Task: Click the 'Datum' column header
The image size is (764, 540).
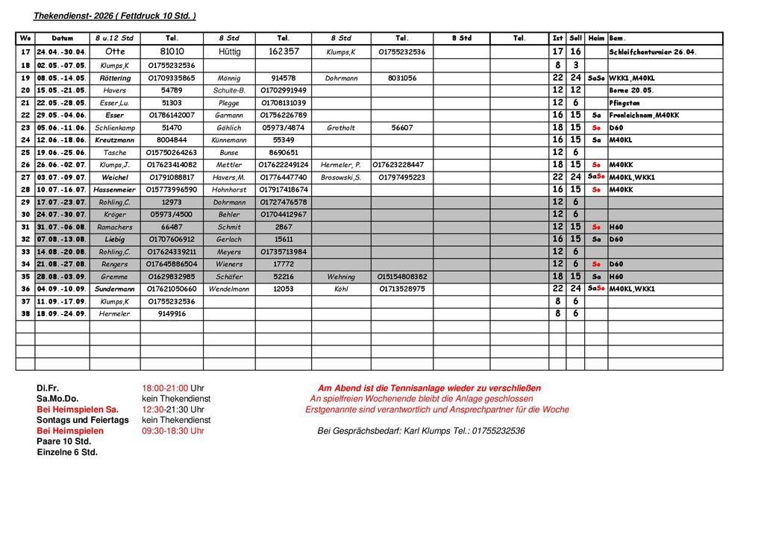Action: pyautogui.click(x=63, y=38)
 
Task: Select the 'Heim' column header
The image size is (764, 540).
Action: pyautogui.click(x=596, y=38)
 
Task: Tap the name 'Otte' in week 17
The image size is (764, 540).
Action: pyautogui.click(x=116, y=51)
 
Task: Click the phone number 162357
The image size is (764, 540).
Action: pyautogui.click(x=284, y=51)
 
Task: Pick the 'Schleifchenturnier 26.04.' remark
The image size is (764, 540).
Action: pyautogui.click(x=653, y=52)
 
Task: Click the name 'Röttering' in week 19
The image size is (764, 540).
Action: pyautogui.click(x=115, y=78)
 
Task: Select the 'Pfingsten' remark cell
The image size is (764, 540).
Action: pyautogui.click(x=624, y=103)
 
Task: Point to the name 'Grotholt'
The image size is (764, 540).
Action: pyautogui.click(x=341, y=128)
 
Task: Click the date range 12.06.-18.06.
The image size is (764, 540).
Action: pyautogui.click(x=62, y=140)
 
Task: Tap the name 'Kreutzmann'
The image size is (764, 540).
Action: pyautogui.click(x=115, y=140)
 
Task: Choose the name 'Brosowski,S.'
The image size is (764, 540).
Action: pyautogui.click(x=341, y=178)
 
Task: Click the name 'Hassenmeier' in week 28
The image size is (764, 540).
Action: pyautogui.click(x=115, y=189)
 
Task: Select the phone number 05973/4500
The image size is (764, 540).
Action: pyautogui.click(x=172, y=215)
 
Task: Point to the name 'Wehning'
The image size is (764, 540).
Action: pyautogui.click(x=341, y=277)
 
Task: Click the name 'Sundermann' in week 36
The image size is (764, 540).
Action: pyautogui.click(x=115, y=289)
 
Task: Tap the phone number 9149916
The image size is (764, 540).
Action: pyautogui.click(x=172, y=314)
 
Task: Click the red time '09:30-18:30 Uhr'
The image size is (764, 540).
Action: pyautogui.click(x=173, y=430)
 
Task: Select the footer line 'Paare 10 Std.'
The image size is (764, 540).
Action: pyautogui.click(x=63, y=441)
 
